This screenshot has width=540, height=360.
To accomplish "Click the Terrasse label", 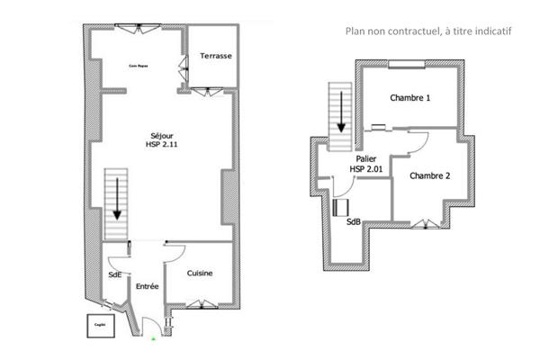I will tap(216, 56).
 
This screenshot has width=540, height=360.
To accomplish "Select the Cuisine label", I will tap(200, 274).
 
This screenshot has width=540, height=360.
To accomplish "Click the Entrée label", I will tap(148, 286).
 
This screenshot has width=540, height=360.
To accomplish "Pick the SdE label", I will tap(115, 274).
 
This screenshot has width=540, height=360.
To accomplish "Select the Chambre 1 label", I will tap(409, 96).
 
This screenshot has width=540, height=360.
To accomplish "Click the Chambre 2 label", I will tap(429, 175).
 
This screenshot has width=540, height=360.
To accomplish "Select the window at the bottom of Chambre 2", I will tap(422, 222).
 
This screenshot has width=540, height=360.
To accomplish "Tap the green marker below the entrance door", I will tap(154, 339).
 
